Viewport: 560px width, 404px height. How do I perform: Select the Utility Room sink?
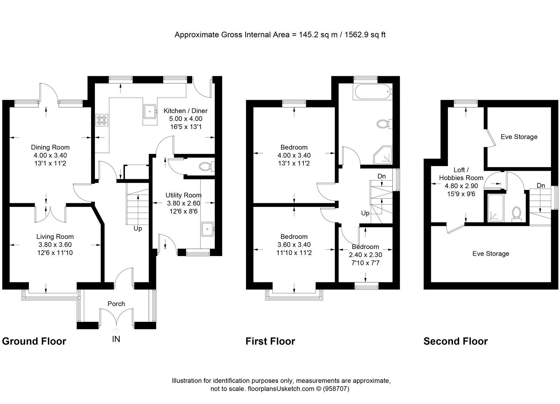coord(208,229)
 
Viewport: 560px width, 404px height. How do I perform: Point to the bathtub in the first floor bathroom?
coord(373,93)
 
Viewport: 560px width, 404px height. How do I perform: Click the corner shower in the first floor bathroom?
coord(383,156)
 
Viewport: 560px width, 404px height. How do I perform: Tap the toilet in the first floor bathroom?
coord(384,124)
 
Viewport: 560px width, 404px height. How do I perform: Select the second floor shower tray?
coord(495,208)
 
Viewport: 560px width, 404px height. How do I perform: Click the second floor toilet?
coord(516,213)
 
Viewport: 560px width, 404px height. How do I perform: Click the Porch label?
coord(116,304)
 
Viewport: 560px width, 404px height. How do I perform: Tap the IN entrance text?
coord(116,339)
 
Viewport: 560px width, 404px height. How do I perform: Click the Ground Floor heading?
coord(34,341)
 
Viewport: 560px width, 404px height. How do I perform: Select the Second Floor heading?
coord(455,341)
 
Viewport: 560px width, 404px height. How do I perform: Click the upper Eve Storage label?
coord(519,137)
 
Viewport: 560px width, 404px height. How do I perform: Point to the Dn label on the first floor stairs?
coord(381,176)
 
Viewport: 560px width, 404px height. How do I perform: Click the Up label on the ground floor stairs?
coord(138,228)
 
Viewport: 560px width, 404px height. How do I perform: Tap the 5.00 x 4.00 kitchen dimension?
coord(185,119)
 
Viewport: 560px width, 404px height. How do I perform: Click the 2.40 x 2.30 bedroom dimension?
coord(365,255)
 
